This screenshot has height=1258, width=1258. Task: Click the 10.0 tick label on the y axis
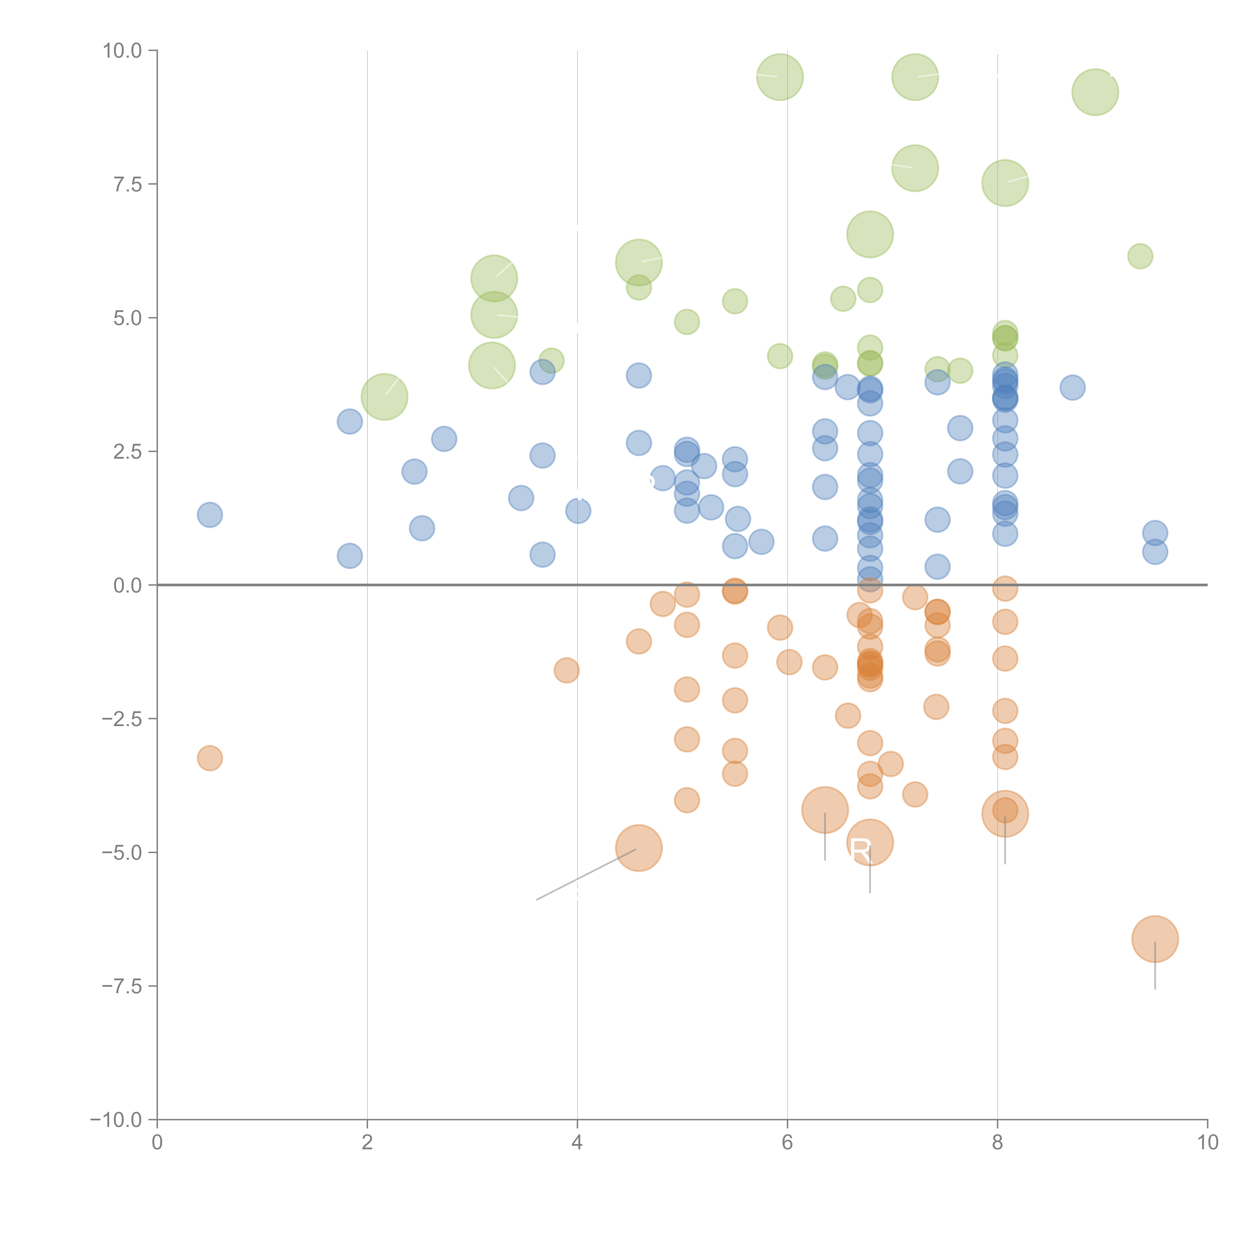(x=123, y=51)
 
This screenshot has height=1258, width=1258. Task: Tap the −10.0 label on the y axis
(x=116, y=1120)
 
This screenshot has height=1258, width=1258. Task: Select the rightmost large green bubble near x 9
(x=1095, y=92)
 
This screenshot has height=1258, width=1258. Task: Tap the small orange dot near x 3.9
(x=567, y=670)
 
